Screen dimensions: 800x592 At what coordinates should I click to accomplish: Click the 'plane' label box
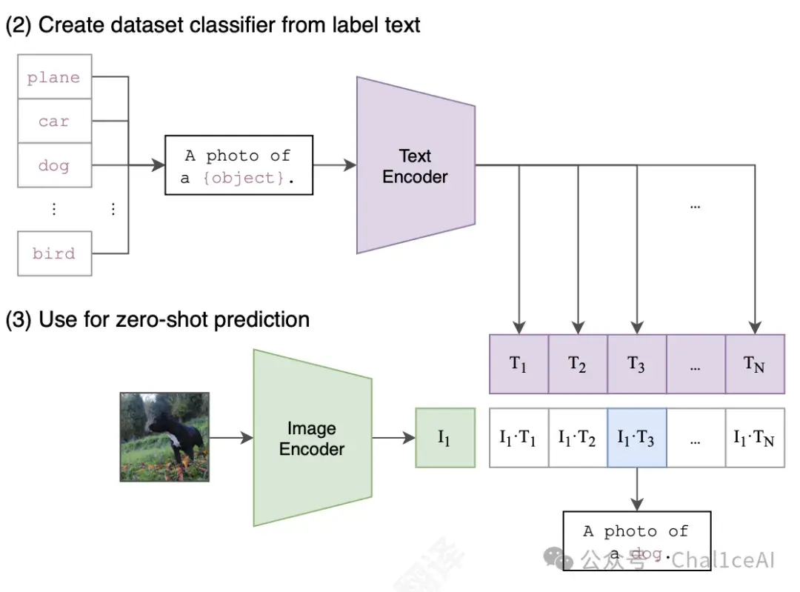point(55,76)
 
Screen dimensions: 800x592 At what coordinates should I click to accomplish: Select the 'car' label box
point(55,121)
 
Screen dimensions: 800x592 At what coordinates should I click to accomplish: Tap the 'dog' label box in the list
point(55,165)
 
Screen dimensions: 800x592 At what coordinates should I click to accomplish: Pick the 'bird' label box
point(55,253)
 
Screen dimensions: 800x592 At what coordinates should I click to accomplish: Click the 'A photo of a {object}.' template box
point(239,165)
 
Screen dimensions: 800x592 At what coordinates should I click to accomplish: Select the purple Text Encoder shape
point(416,165)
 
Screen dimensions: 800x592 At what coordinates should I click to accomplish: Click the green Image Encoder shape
point(313,438)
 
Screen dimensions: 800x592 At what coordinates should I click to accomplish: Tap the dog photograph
point(164,437)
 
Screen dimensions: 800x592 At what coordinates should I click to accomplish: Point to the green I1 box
point(445,438)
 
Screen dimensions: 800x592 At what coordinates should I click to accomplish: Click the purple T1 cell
point(519,364)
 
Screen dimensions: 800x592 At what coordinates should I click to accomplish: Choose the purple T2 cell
point(578,364)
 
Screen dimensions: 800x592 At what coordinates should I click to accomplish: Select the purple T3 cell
point(637,364)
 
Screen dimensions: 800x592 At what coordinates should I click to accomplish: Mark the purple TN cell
point(755,364)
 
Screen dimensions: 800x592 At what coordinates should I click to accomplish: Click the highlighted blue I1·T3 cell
point(637,438)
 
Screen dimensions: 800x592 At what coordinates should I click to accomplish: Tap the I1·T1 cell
point(519,438)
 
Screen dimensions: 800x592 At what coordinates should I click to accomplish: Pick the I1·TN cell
point(755,438)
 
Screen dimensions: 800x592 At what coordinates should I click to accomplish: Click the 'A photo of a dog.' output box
point(637,541)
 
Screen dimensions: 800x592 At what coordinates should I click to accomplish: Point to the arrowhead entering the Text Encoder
point(351,165)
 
